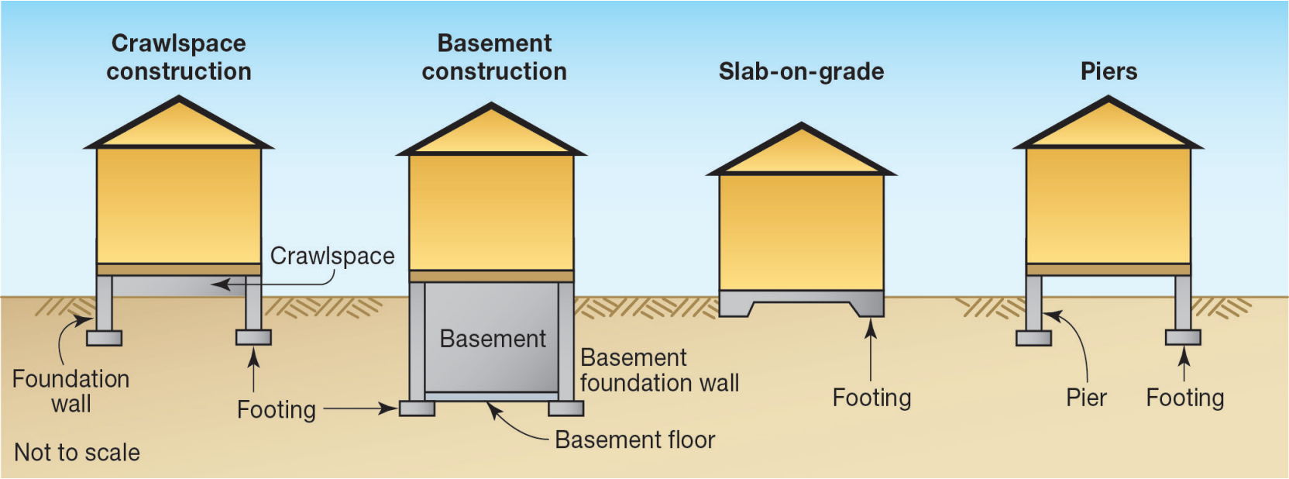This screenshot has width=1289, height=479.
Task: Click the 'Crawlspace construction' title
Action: pyautogui.click(x=179, y=57)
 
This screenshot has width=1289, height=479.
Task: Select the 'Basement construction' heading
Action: pyautogui.click(x=494, y=57)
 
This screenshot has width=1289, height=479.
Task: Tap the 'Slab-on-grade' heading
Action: pyautogui.click(x=801, y=71)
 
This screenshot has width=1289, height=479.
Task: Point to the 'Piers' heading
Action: pyautogui.click(x=1109, y=71)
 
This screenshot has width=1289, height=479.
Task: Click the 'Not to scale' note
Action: pyautogui.click(x=77, y=452)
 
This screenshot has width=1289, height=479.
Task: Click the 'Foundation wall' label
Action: pyautogui.click(x=71, y=391)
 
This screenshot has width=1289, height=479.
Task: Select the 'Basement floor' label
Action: pyautogui.click(x=635, y=439)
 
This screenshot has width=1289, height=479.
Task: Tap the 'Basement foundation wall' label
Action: pyautogui.click(x=659, y=370)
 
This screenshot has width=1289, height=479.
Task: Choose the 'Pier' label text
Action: pyautogui.click(x=1086, y=398)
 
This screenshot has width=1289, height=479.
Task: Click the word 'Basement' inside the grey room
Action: pyautogui.click(x=493, y=339)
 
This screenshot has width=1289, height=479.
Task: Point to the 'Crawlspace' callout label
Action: pyautogui.click(x=332, y=256)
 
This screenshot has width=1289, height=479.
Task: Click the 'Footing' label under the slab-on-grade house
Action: pyautogui.click(x=871, y=398)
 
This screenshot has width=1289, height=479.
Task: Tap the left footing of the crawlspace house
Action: pyautogui.click(x=104, y=338)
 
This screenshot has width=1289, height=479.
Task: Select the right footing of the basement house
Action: pyautogui.click(x=565, y=408)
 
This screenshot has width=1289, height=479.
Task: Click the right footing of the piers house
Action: pyautogui.click(x=1183, y=337)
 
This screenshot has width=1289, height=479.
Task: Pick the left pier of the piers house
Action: pyautogui.click(x=1033, y=302)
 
